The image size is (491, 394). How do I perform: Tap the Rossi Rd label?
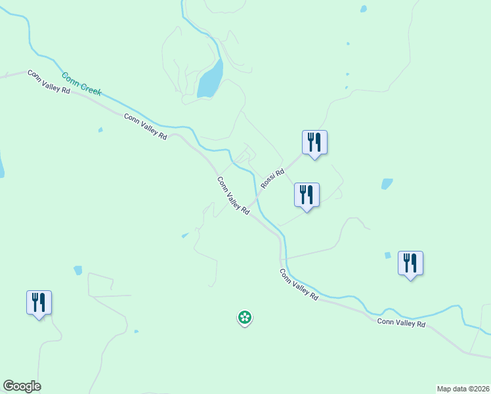click(272, 179)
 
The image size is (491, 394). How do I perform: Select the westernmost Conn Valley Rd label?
click(49, 81)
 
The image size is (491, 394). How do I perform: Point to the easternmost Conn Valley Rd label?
click(401, 323)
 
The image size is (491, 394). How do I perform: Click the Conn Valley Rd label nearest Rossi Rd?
click(233, 196)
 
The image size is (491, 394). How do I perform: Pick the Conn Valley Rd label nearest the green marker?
click(299, 284)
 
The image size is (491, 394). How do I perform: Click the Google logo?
click(22, 386)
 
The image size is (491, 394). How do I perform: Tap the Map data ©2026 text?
click(463, 389)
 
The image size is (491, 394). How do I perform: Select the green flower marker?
click(244, 318)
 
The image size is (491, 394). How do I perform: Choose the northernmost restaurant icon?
click(314, 142)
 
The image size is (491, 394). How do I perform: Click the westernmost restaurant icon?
click(39, 302)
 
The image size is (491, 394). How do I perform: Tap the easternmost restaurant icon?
click(410, 263)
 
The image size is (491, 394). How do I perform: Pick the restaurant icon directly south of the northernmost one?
click(306, 194)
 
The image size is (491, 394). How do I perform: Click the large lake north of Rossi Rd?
click(211, 80)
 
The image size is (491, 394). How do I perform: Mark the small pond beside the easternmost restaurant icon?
click(387, 255)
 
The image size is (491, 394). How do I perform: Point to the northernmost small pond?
click(363, 9)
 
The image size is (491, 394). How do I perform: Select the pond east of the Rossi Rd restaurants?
click(387, 184)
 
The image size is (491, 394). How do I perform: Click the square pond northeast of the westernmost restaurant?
click(78, 270)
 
